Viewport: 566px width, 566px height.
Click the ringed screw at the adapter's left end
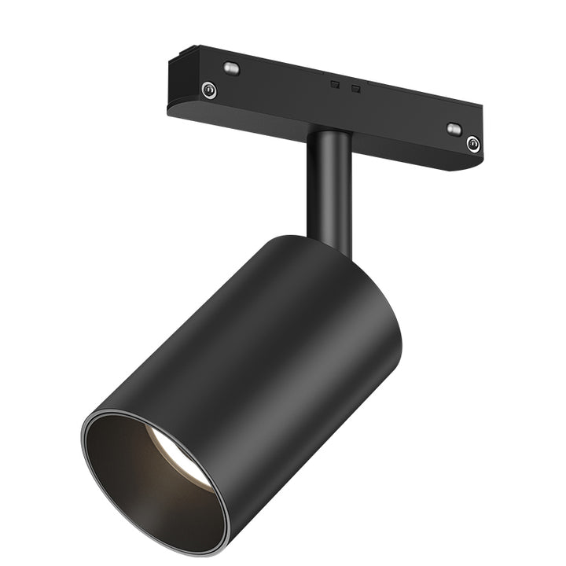(208, 90)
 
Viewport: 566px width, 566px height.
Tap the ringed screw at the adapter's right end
(472, 143)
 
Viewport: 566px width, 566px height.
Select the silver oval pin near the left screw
(230, 68)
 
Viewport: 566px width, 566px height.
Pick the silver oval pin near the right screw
(454, 129)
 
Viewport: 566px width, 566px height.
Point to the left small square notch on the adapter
(334, 83)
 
